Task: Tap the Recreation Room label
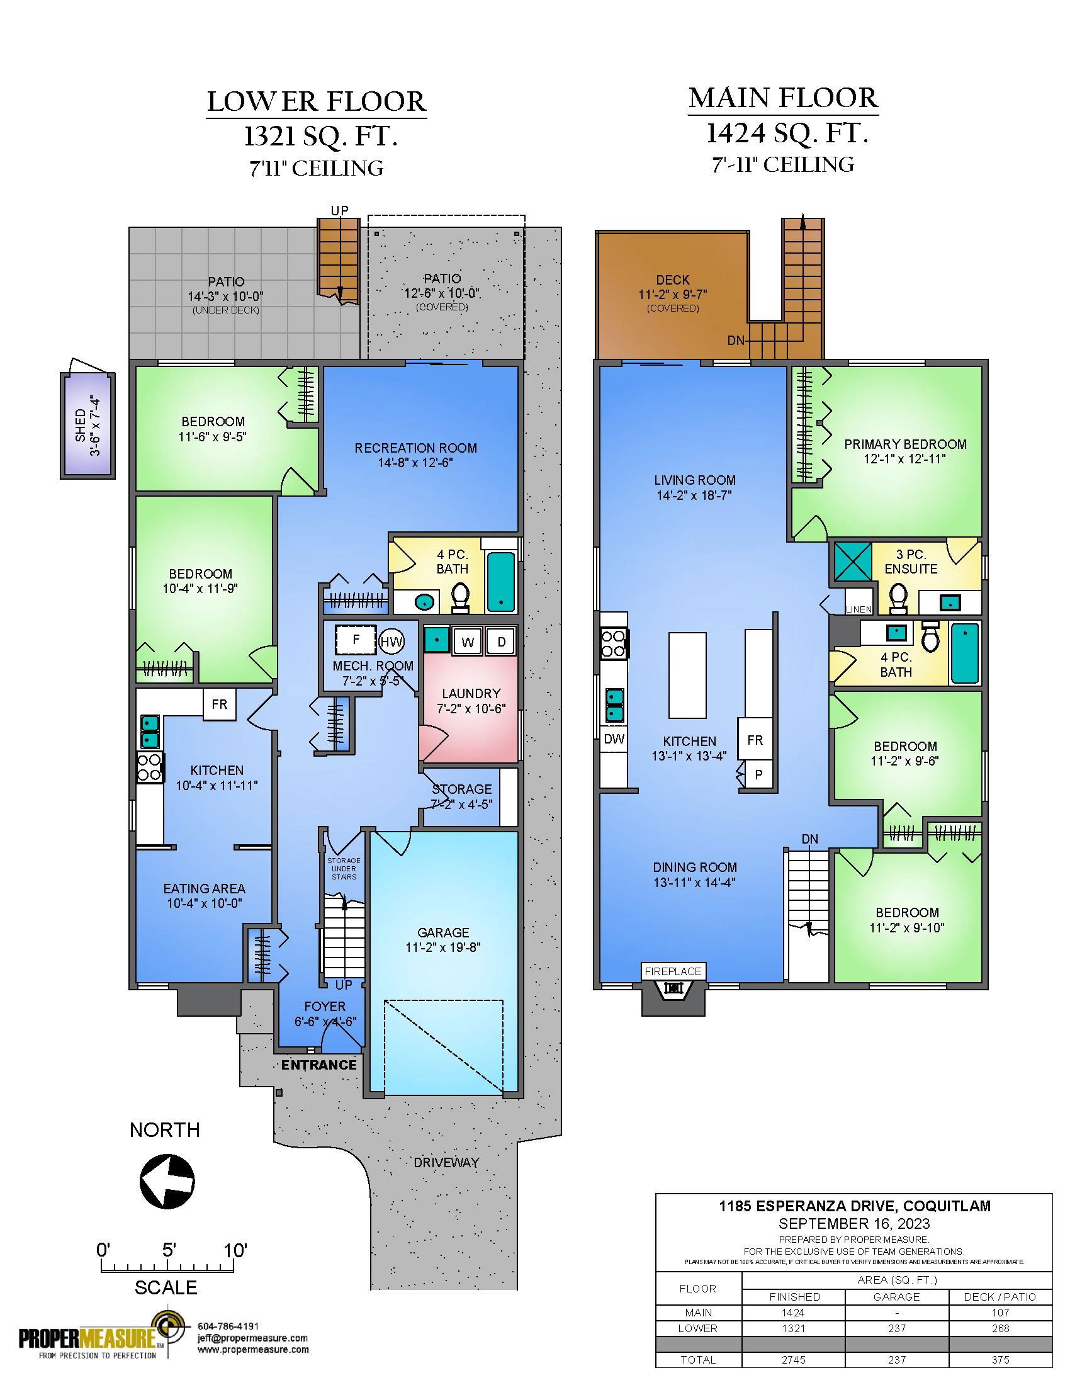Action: point(416,448)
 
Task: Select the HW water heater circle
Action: point(391,642)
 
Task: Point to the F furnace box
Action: point(356,640)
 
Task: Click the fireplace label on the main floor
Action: point(673,971)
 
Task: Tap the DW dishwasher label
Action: point(614,738)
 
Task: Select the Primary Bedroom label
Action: point(905,444)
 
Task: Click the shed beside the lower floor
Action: point(88,425)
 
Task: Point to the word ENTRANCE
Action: point(319,1065)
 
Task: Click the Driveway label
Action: point(446,1162)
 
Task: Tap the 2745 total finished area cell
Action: point(794,1360)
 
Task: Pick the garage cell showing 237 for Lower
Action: point(897,1328)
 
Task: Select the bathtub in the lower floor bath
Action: point(500,581)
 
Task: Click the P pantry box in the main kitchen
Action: point(758,775)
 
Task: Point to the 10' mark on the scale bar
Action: point(235,1250)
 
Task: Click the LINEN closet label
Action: point(859,609)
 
